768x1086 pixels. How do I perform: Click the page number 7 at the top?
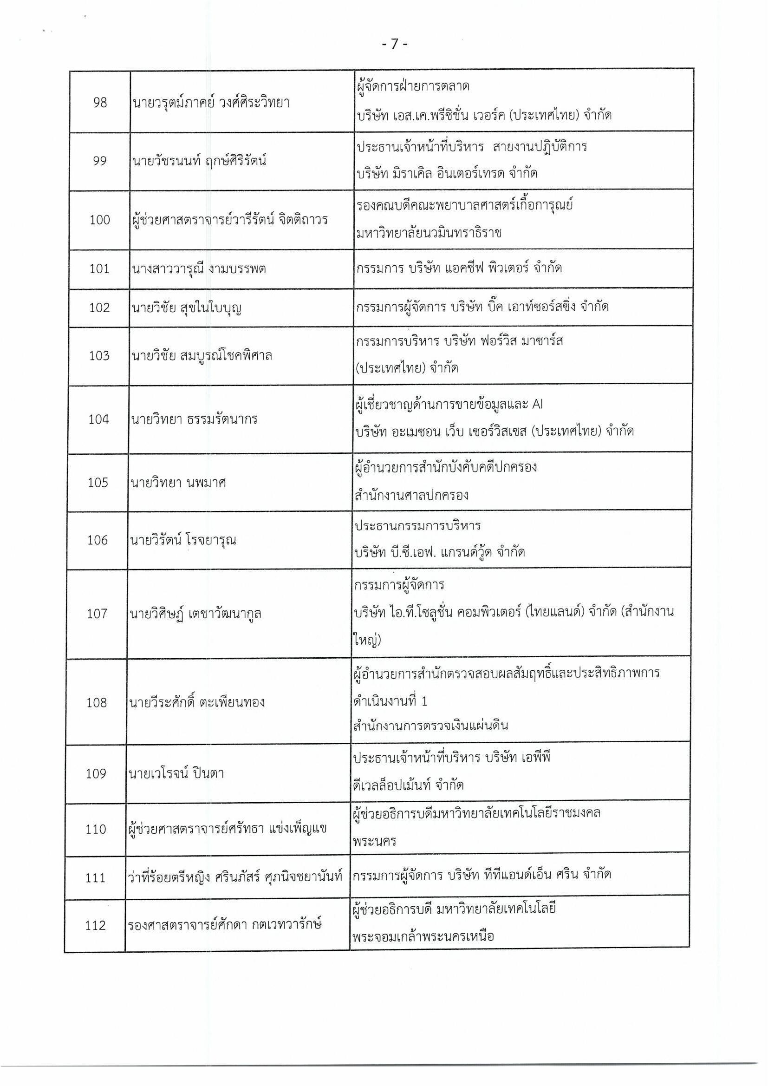coord(394,44)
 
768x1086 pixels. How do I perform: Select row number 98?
coord(100,103)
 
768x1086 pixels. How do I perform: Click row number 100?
coord(99,220)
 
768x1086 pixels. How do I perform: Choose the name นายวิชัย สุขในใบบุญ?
coord(187,308)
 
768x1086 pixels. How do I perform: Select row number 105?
coord(98,483)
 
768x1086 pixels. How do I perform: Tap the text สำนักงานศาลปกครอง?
coord(411,495)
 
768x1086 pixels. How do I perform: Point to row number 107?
coord(97,614)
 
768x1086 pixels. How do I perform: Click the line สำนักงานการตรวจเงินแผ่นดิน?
coord(430,725)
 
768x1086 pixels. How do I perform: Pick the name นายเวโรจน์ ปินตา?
coord(176,773)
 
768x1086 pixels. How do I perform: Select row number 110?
coord(96,829)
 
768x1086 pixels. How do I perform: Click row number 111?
coord(96,878)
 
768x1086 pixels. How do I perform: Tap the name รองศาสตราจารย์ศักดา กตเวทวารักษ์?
coord(225,925)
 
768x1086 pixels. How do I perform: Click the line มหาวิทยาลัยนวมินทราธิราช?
coord(429,233)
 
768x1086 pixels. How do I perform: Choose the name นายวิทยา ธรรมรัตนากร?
coord(195,419)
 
